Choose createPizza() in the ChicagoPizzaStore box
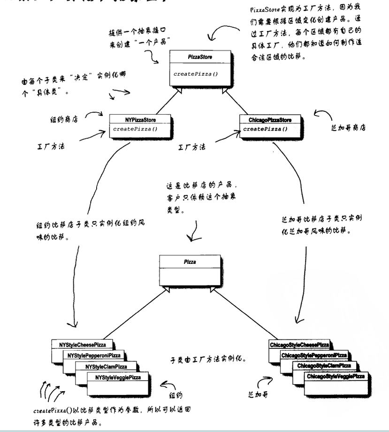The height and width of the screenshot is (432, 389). tap(265, 128)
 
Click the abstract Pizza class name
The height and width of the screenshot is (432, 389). tap(190, 262)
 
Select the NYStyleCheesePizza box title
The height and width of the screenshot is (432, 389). tap(82, 345)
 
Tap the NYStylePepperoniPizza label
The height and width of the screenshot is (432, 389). tap(94, 355)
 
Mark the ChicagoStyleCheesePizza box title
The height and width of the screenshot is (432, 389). tap(299, 345)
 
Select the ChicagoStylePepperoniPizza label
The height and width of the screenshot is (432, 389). tap(314, 355)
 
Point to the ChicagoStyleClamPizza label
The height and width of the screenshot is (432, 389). tap(323, 366)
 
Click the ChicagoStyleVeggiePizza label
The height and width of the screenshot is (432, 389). tap(336, 377)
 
